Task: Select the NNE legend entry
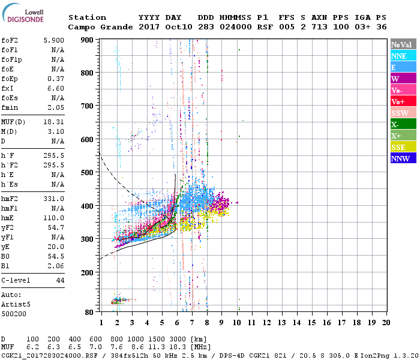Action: pyautogui.click(x=403, y=56)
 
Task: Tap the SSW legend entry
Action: pyautogui.click(x=403, y=113)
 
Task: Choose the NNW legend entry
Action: pyautogui.click(x=403, y=158)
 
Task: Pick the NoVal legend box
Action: pyautogui.click(x=403, y=44)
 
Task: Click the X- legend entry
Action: pyautogui.click(x=403, y=124)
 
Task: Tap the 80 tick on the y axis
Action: pyautogui.click(x=89, y=312)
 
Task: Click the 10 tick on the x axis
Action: pyautogui.click(x=236, y=322)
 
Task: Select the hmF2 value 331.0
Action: pyautogui.click(x=53, y=199)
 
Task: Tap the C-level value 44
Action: pyautogui.click(x=60, y=280)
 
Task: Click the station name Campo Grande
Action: pyautogui.click(x=99, y=27)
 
